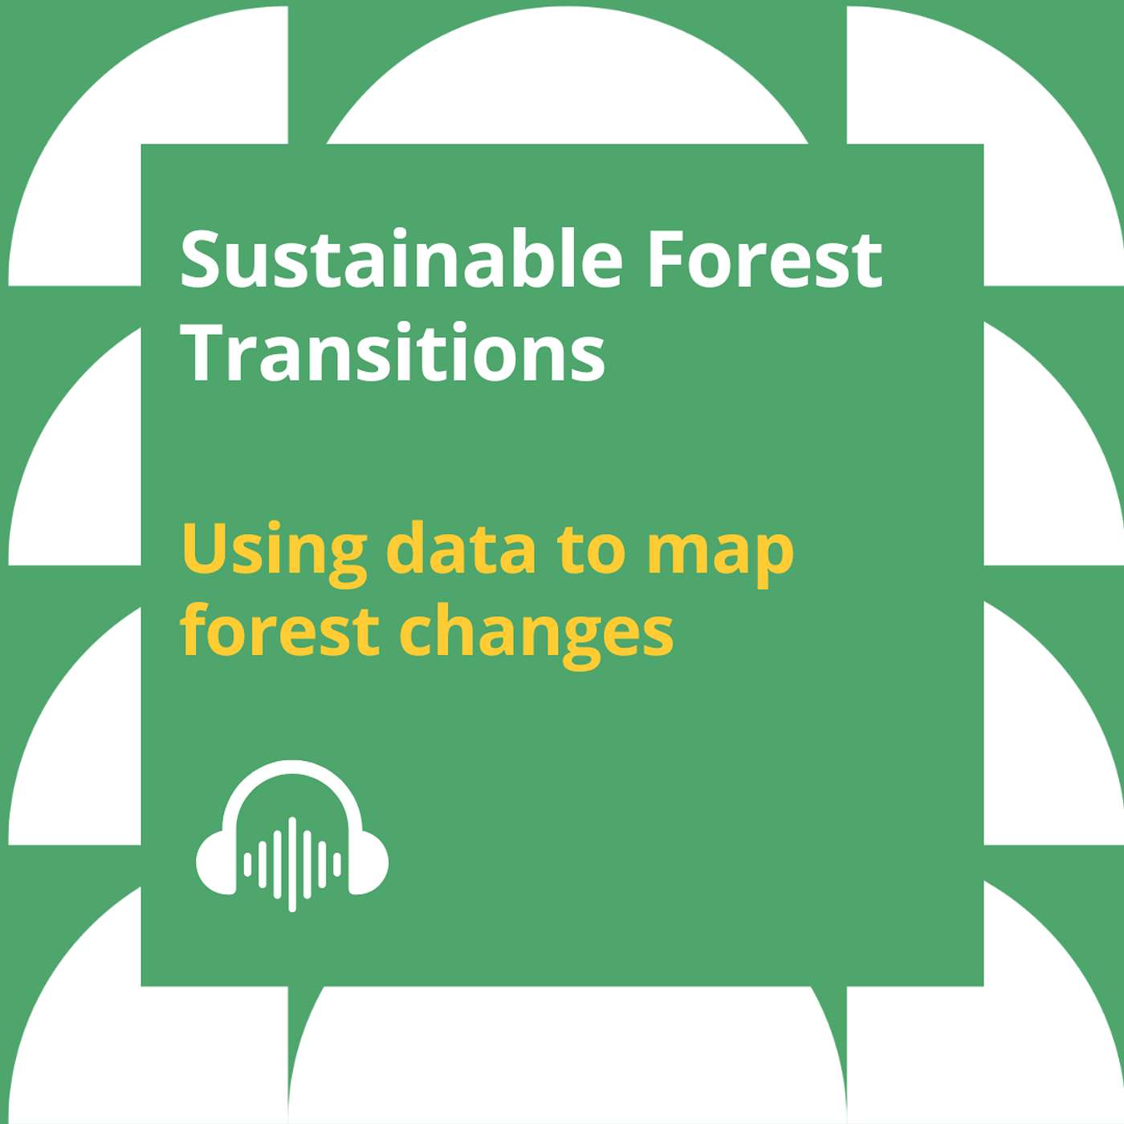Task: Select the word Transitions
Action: pos(393,352)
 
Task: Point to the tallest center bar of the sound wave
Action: pos(292,864)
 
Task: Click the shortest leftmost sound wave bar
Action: pos(247,865)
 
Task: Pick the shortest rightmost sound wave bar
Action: pos(337,865)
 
